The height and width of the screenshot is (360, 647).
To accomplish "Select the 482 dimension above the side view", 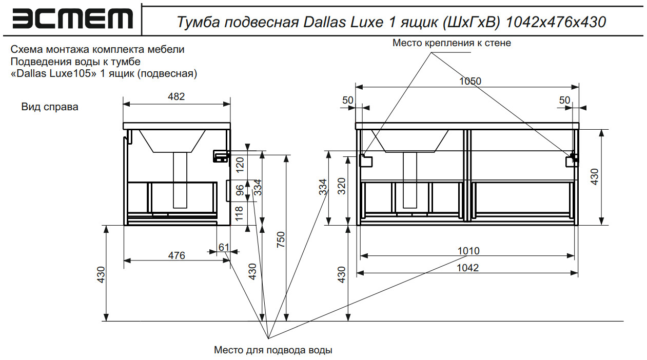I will (x=176, y=96).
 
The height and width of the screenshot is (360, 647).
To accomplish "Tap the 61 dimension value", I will (x=224, y=247).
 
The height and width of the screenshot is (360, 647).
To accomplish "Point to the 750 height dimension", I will (x=281, y=240).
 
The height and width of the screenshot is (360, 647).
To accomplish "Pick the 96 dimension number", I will (x=240, y=191).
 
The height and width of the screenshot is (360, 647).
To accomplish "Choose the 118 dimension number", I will (x=240, y=213).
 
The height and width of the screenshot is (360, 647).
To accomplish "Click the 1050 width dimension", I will (x=470, y=81).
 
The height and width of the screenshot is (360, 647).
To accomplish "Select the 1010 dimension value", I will (x=468, y=251).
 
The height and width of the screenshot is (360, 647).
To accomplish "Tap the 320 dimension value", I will (x=342, y=188).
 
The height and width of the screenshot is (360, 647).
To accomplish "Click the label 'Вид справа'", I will (x=50, y=107).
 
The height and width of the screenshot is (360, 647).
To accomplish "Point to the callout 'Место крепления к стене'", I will (x=452, y=43).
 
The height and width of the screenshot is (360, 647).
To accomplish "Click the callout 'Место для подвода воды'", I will (x=273, y=350).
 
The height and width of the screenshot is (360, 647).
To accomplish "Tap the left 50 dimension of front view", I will (x=348, y=100).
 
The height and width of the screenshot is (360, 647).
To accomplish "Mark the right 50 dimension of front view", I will (x=565, y=100).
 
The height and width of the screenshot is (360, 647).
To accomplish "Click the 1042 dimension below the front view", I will (x=468, y=268).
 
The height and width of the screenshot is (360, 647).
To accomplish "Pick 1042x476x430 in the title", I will (x=556, y=22).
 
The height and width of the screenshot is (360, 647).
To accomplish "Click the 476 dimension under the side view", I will (x=176, y=255).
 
